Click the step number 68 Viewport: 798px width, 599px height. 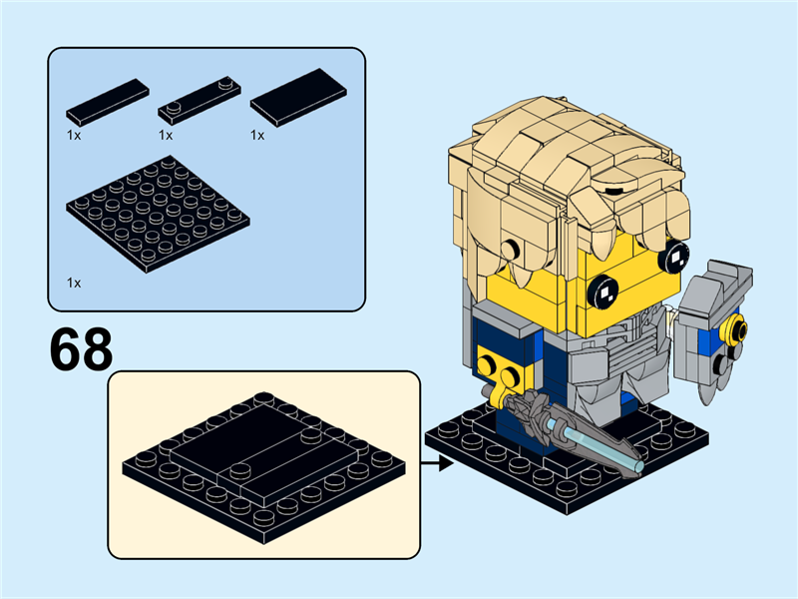pyautogui.click(x=80, y=346)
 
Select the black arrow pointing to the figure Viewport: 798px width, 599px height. pyautogui.click(x=431, y=463)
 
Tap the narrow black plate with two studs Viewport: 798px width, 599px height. pyautogui.click(x=200, y=99)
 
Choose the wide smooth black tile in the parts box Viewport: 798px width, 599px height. pyautogui.click(x=298, y=98)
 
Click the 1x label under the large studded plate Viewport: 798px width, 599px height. pyautogui.click(x=74, y=283)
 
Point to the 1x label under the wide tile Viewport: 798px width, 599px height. pyautogui.click(x=257, y=134)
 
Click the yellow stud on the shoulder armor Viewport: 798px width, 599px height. pyautogui.click(x=738, y=328)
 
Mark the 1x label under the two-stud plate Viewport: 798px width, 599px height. pyautogui.click(x=166, y=134)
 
